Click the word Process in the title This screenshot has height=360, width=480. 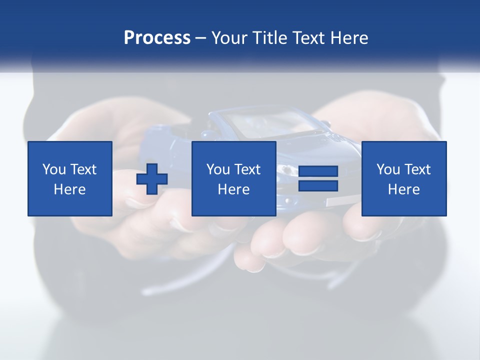(x=157, y=38)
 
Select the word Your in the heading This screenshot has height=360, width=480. (x=230, y=38)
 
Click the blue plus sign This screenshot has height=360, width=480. (x=152, y=179)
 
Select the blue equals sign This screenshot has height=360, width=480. (x=318, y=179)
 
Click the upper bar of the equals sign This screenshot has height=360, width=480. (x=318, y=171)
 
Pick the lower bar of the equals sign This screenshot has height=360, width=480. (x=318, y=186)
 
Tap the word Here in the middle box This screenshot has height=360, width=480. (x=234, y=189)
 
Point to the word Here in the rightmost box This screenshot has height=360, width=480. (x=404, y=189)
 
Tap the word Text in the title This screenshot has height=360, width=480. (x=307, y=38)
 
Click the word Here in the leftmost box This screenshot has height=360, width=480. (x=70, y=189)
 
